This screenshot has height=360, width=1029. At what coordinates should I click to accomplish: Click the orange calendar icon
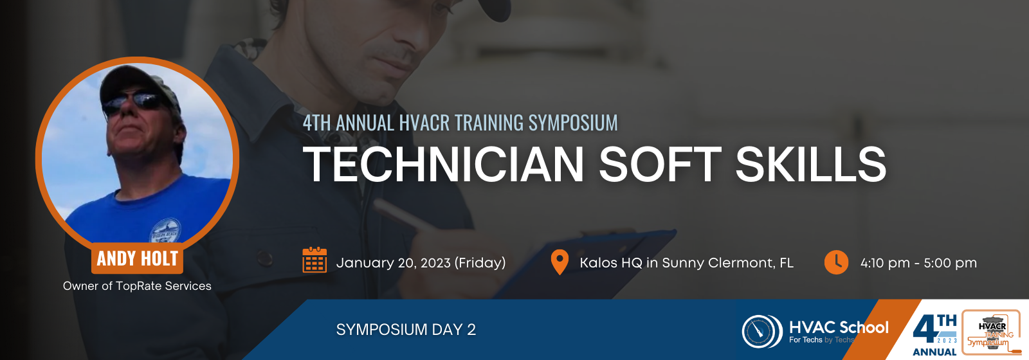click(x=314, y=260)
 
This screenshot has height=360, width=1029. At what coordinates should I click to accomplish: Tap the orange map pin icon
click(x=560, y=262)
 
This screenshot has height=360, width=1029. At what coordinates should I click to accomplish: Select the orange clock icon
click(x=836, y=262)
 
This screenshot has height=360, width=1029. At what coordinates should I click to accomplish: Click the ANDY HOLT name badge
click(x=138, y=258)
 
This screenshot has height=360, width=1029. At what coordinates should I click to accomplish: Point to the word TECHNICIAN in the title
click(x=443, y=164)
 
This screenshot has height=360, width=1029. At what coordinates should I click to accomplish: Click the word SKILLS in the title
click(x=811, y=164)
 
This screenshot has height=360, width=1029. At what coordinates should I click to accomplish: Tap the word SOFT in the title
click(x=660, y=164)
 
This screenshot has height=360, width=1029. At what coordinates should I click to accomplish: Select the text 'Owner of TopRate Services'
click(x=137, y=286)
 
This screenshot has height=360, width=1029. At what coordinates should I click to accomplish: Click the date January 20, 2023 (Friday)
click(x=421, y=263)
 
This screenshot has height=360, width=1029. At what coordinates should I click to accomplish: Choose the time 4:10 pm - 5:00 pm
click(x=918, y=263)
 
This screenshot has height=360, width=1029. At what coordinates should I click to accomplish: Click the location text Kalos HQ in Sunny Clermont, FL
click(x=686, y=263)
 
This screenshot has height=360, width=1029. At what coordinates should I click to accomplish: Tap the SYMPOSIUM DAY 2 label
click(x=406, y=329)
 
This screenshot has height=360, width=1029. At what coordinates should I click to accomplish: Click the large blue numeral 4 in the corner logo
click(x=925, y=330)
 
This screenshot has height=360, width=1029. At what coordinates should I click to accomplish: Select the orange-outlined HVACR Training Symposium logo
click(x=991, y=332)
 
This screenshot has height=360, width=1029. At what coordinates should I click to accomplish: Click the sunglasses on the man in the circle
click(x=133, y=102)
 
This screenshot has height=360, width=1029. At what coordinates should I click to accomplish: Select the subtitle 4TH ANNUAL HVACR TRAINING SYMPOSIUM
click(x=460, y=123)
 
